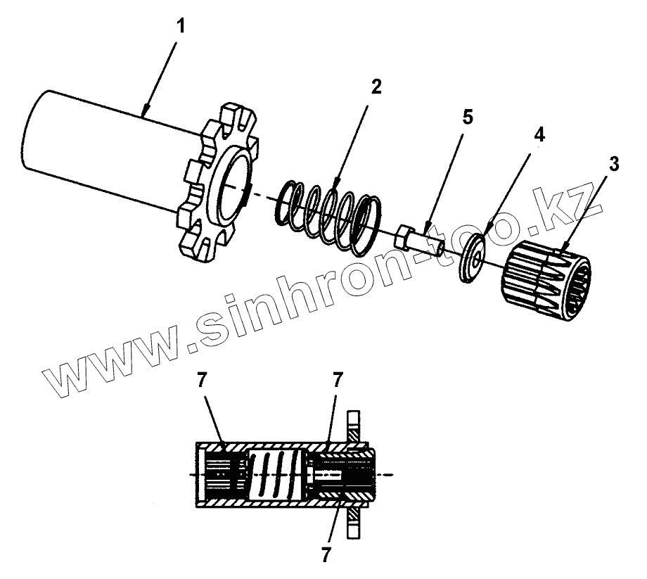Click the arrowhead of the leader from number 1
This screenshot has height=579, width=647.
tap(143, 113)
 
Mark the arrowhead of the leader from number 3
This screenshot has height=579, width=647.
tap(563, 250)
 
